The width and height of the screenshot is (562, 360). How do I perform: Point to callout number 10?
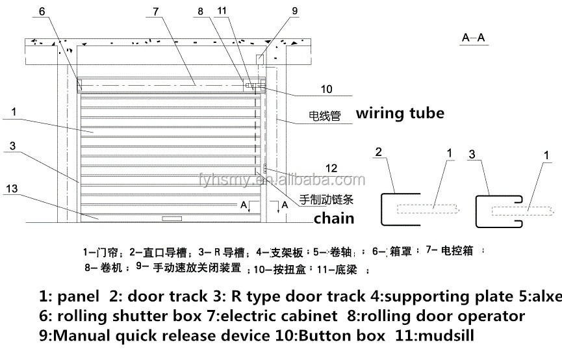(327, 89)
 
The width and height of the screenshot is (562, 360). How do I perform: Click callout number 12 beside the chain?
(332, 168)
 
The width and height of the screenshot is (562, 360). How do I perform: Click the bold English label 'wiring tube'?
(400, 113)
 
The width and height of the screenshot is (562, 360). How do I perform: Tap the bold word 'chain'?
(334, 218)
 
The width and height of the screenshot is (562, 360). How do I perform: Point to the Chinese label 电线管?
(324, 117)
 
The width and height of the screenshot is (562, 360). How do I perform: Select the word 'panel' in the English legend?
(78, 297)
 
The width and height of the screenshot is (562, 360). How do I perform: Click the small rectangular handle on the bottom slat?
(172, 216)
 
